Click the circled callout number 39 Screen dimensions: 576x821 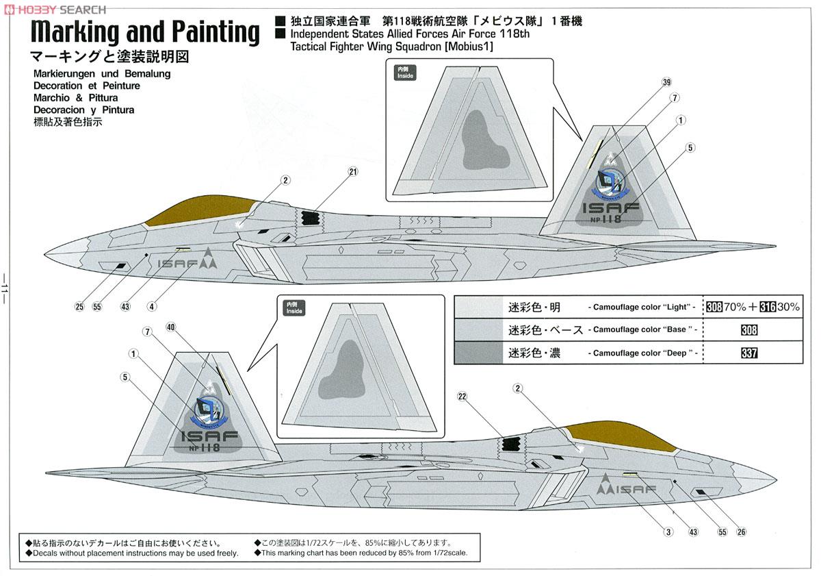tap(666, 83)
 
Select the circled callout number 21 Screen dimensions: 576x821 tap(353, 172)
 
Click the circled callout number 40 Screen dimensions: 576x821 tap(171, 327)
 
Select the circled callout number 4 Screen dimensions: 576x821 tap(152, 306)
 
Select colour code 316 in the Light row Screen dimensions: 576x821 tap(768, 307)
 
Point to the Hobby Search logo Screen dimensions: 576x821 tap(55, 9)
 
